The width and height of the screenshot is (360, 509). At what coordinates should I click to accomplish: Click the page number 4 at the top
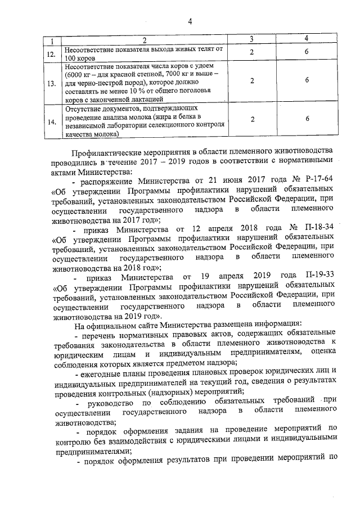(190, 21)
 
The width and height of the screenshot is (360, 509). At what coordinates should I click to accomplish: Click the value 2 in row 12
(252, 52)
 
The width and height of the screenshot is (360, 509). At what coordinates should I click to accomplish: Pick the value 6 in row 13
(307, 80)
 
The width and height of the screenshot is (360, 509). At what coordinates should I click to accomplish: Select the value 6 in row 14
(307, 119)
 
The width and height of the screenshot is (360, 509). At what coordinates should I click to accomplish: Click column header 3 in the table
(252, 38)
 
